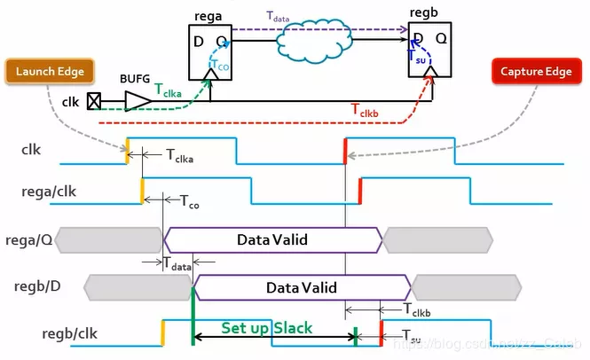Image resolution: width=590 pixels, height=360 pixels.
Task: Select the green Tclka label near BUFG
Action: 171,89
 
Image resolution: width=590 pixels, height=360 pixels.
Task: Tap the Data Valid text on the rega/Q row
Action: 272,239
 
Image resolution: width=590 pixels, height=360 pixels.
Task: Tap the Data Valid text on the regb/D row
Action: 302,287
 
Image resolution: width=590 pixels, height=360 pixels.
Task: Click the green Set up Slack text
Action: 267,328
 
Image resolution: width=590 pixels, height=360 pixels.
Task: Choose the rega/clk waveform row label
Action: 49,191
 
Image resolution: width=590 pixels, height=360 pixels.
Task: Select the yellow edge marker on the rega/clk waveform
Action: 143,190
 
